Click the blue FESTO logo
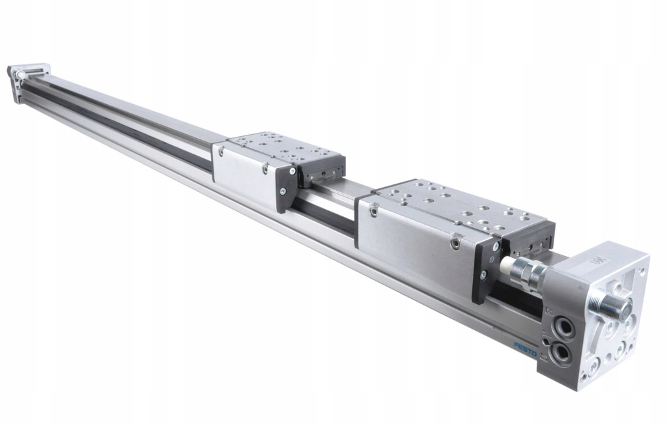tap(525, 348)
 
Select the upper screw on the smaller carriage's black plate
tap(292, 171)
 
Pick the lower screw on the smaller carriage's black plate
tap(282, 191)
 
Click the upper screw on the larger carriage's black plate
tap(496, 247)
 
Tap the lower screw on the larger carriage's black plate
tap(483, 275)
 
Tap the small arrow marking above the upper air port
tap(548, 311)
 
